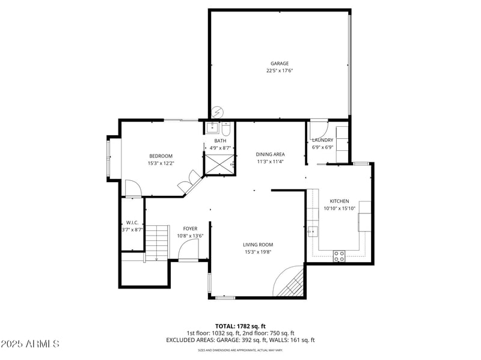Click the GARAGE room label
click(x=279, y=63)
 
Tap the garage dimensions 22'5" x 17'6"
click(x=279, y=70)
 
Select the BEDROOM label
click(x=161, y=156)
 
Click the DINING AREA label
click(x=270, y=154)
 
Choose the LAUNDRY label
click(x=322, y=140)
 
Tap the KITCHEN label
click(x=339, y=201)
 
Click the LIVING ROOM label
click(x=258, y=245)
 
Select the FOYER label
click(x=190, y=228)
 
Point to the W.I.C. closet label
click(x=132, y=222)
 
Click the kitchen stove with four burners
click(x=340, y=255)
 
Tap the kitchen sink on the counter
click(x=313, y=230)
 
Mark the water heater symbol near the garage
click(x=218, y=112)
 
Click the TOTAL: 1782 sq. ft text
click(x=240, y=326)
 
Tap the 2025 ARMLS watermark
click(x=30, y=344)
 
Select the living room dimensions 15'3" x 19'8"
click(x=258, y=252)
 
